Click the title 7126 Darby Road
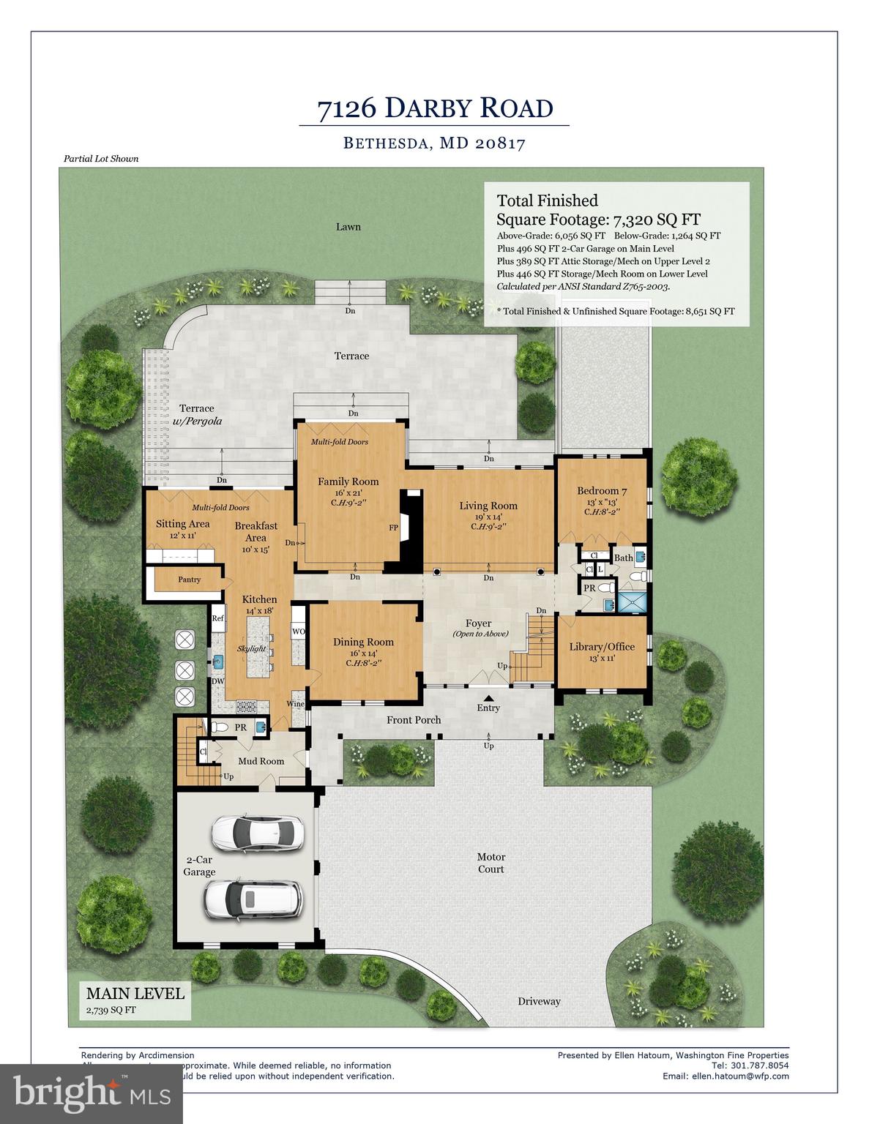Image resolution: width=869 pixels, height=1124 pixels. point(434,108)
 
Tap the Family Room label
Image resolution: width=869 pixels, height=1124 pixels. point(348,482)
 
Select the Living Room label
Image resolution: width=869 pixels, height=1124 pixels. point(488,506)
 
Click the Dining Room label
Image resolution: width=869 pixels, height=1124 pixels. point(363,642)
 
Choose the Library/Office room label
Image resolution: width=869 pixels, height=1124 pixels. point(602,647)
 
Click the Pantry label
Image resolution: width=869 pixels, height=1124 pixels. point(189,580)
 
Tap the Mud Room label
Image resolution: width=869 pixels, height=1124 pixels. point(261,761)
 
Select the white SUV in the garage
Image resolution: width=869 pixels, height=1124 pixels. point(253,898)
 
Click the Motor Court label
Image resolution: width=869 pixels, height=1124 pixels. point(491,863)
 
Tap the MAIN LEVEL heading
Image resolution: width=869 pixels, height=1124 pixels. point(135,993)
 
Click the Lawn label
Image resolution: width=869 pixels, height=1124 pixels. point(348,227)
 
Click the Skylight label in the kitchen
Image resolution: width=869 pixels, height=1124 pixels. point(251,649)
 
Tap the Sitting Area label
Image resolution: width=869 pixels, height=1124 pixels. point(182,524)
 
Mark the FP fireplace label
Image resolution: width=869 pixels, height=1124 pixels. point(393,528)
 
